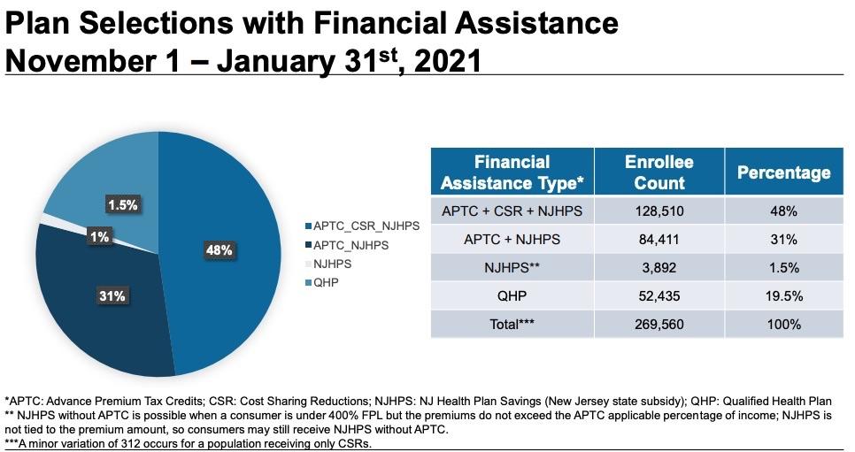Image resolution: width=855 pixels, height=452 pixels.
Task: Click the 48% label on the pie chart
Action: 220,250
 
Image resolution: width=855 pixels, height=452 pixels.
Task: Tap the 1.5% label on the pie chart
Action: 122,205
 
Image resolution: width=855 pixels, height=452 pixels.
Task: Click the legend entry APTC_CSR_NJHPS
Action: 362,226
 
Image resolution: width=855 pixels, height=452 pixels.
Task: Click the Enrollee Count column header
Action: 659,172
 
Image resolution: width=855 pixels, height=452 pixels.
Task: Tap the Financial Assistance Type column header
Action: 512,172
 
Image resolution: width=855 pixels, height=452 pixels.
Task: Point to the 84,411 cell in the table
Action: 659,239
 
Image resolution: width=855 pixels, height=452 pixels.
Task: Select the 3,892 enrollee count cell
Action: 659,267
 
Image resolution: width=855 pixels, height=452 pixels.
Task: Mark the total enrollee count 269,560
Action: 659,324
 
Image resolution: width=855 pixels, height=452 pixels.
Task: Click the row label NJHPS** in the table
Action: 512,267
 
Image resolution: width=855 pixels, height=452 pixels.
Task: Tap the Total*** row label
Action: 512,324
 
